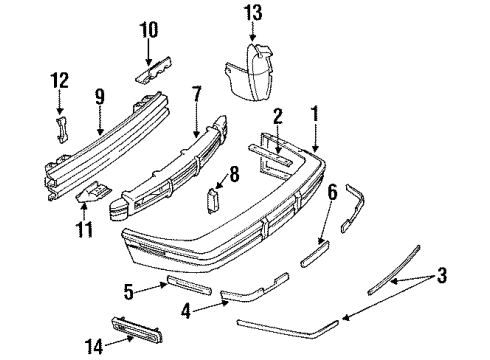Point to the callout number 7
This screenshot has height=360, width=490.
197,93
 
